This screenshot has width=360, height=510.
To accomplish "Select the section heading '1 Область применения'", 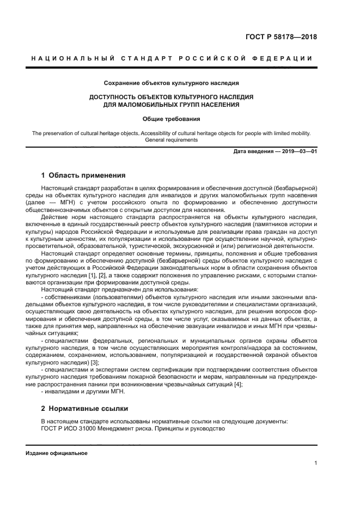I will coord(83,175).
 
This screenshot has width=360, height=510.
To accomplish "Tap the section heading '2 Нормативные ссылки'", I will coord(84,408).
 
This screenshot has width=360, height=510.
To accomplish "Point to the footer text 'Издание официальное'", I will coord(57,453).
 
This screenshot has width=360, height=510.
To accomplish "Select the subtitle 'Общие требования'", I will coord(171,118).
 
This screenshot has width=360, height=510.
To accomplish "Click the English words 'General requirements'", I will coord(171,140).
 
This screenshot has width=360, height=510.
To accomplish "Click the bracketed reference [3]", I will coord(95,362).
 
